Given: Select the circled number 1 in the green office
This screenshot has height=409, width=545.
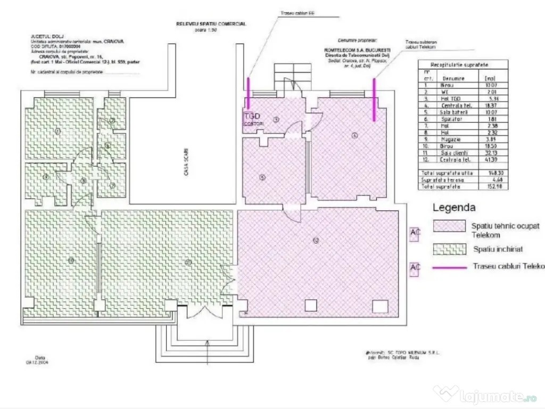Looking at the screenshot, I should pyautogui.click(x=58, y=130).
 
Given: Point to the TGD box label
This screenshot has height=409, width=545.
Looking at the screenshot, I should pyautogui.click(x=251, y=116).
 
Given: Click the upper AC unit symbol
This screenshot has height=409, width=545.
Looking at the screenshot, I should pyautogui.click(x=415, y=233).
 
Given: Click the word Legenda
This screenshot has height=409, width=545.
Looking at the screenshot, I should pyautogui.click(x=454, y=208).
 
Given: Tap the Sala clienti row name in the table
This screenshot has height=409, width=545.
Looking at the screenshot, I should pyautogui.click(x=452, y=152).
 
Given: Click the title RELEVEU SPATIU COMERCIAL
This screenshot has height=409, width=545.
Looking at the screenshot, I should pyautogui.click(x=211, y=24).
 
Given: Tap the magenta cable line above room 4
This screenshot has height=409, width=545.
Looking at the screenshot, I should pyautogui.click(x=375, y=100).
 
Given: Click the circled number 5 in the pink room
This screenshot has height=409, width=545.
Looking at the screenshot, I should pyautogui.click(x=262, y=177).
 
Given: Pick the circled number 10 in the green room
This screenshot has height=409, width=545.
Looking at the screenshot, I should pyautogui.click(x=70, y=260).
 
